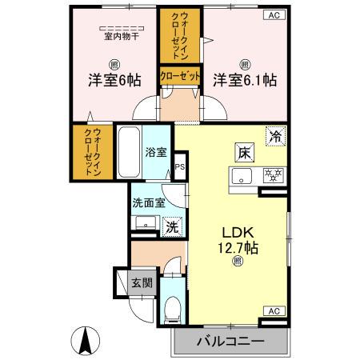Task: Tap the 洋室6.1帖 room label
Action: (244, 81)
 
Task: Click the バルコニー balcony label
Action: (230, 342)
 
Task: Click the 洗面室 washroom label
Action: (149, 203)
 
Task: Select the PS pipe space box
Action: (180, 167)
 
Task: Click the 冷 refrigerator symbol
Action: (274, 137)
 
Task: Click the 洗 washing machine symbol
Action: (172, 226)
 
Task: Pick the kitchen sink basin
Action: (242, 175)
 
